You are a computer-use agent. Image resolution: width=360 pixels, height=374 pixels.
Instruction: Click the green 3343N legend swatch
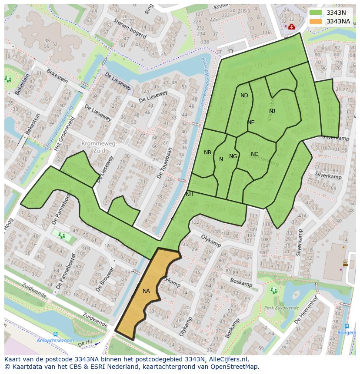[x=316, y=13]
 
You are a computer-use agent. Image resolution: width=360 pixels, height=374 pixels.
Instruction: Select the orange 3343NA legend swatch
[x=316, y=21]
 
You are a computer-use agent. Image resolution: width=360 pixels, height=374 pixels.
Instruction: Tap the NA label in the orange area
[x=146, y=291]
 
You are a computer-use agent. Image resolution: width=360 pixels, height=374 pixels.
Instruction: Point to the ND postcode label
[x=244, y=96]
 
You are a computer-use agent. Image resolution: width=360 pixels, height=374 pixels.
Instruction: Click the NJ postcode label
[x=272, y=111]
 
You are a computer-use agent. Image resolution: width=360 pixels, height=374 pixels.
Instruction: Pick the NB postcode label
[x=207, y=152]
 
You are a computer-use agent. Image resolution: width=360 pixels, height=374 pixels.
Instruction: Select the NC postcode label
[x=254, y=154]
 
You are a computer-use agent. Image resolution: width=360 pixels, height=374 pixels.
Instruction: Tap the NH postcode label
[x=189, y=194]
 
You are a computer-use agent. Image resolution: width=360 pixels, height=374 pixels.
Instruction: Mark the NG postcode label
[x=233, y=156]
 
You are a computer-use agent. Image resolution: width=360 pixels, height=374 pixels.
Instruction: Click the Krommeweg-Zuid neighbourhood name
[x=99, y=147]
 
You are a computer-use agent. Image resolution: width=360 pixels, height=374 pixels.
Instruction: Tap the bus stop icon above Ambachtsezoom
[x=55, y=334]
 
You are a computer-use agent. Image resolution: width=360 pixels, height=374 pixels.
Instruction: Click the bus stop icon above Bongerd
[x=347, y=326]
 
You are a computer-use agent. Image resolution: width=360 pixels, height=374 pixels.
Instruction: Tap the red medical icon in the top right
[x=291, y=27]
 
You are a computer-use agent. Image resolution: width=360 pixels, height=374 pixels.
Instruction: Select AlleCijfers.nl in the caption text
[x=227, y=359]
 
